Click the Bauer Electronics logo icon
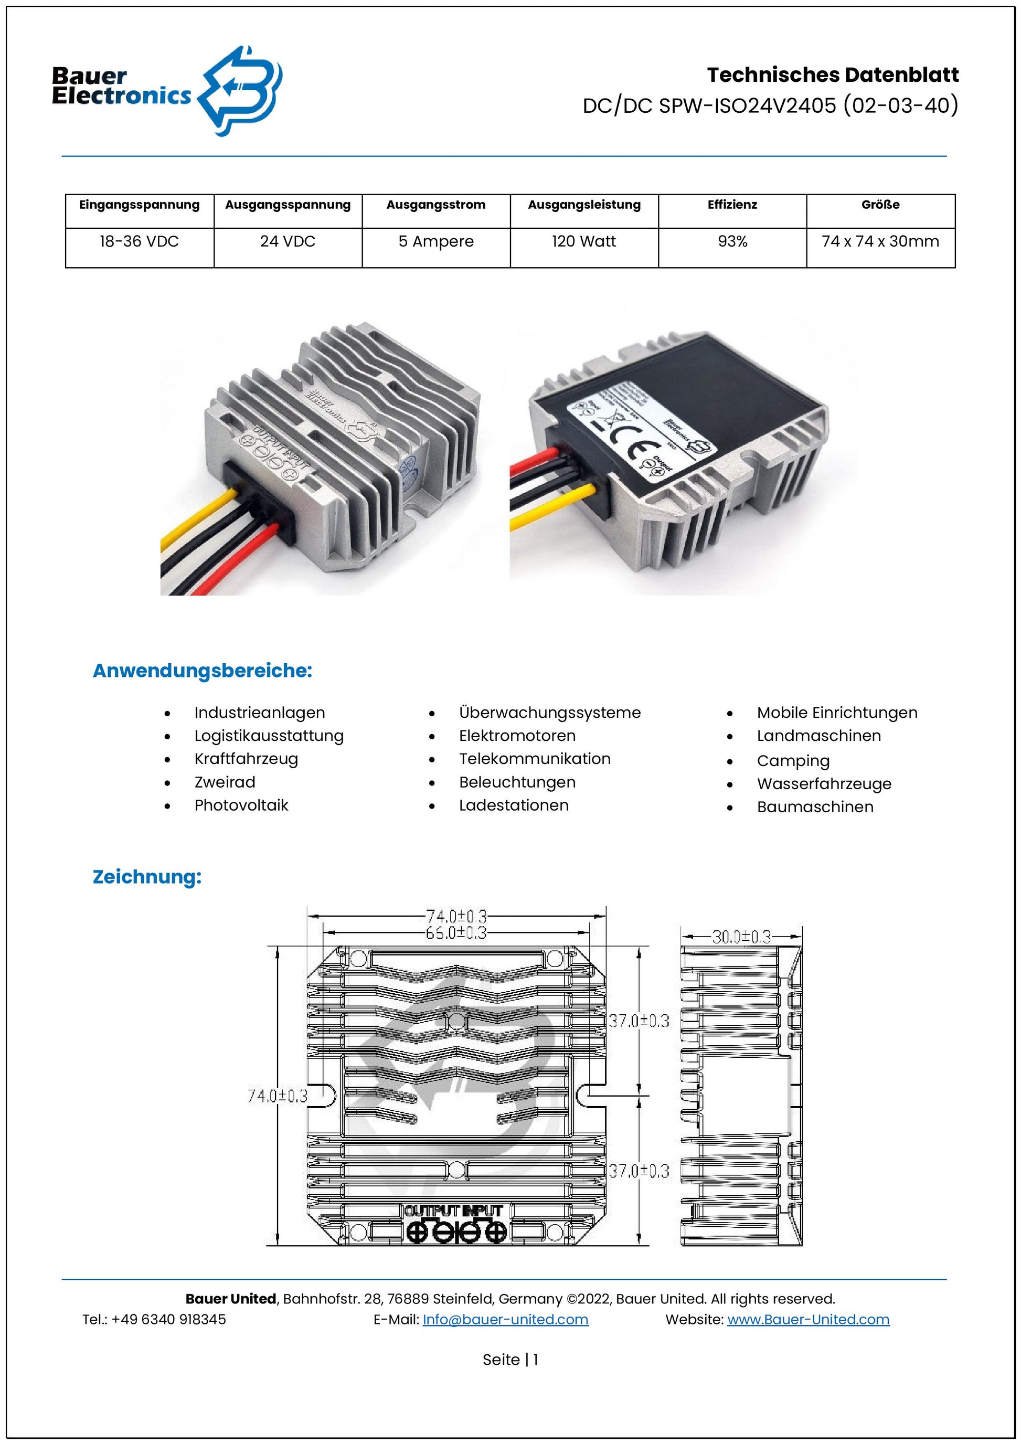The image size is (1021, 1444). coord(240,91)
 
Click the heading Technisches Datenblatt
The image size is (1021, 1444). coord(833,75)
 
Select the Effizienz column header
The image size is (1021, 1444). coord(732,205)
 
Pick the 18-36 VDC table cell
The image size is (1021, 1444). coord(139,241)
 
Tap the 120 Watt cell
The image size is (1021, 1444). coord(583,241)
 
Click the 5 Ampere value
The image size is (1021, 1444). coord(435,241)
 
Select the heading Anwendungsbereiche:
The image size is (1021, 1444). coord(202,671)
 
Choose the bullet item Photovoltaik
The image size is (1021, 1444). coord(241,805)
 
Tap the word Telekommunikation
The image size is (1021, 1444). coord(535,759)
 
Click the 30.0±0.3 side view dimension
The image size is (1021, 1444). coord(741,937)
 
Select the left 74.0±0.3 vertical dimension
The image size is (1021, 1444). coord(277,1096)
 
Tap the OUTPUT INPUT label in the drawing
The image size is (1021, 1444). coord(453,1210)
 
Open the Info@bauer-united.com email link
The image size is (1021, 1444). coord(505,1320)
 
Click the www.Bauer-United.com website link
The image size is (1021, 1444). coord(808,1320)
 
